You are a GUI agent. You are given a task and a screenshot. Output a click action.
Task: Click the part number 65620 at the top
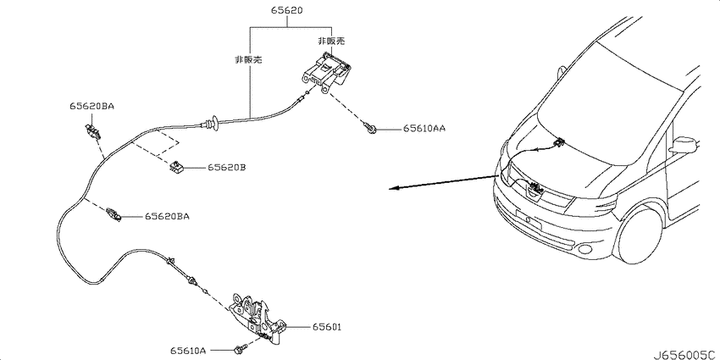(x=287, y=10)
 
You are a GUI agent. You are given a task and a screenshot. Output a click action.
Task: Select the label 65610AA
(x=424, y=129)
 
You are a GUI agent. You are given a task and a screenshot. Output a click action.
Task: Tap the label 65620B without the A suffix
(x=226, y=168)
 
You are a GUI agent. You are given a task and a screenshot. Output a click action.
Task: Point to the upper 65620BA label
(x=91, y=106)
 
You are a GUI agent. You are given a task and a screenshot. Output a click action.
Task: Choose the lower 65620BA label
(x=167, y=216)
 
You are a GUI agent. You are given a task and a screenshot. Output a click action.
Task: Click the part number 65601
(x=327, y=328)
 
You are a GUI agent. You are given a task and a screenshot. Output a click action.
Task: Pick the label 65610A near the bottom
(x=188, y=351)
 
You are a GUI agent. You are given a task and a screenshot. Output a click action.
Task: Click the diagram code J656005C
(x=684, y=355)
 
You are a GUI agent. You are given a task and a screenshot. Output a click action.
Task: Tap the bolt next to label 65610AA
(x=370, y=127)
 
